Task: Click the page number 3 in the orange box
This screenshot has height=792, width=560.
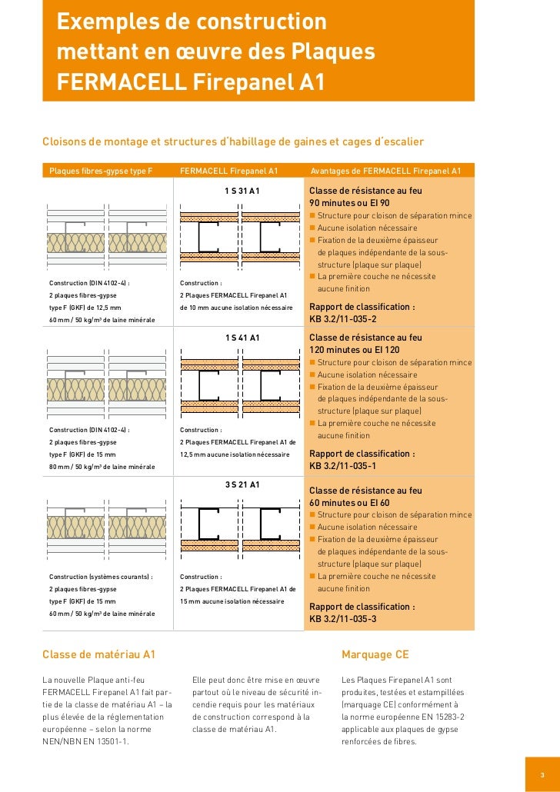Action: coord(542,774)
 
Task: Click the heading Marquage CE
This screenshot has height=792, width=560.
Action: coord(375,655)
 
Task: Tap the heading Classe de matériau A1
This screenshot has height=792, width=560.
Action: coord(98,655)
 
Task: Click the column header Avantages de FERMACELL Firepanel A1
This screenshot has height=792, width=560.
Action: coord(385,171)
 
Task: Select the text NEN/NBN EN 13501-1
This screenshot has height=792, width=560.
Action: coord(85,742)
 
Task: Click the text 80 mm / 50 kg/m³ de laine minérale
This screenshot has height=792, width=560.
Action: coord(102,467)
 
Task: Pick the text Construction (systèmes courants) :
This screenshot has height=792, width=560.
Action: coord(101,577)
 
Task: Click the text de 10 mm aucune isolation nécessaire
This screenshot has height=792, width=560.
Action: coord(236,307)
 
